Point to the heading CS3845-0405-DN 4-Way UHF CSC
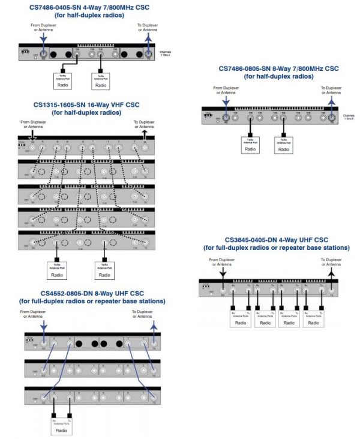pos(277,240)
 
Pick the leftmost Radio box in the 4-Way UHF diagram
pos(241,322)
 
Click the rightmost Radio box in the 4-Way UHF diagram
pos(313,322)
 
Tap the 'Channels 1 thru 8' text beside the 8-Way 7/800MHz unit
pos(349,117)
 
